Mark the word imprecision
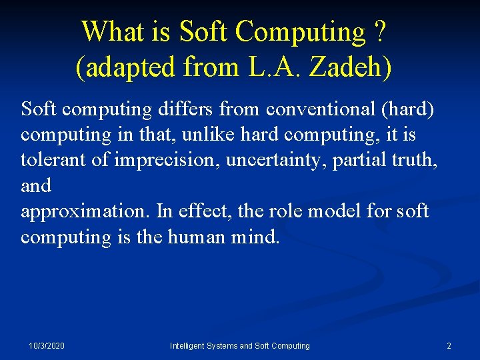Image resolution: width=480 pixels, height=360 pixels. coord(162,160)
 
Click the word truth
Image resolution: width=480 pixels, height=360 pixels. coord(412,160)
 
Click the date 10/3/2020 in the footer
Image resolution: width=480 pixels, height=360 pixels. coord(47,346)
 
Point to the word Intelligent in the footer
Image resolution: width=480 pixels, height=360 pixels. coord(190,346)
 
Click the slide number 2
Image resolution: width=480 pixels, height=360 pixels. coord(449,346)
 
